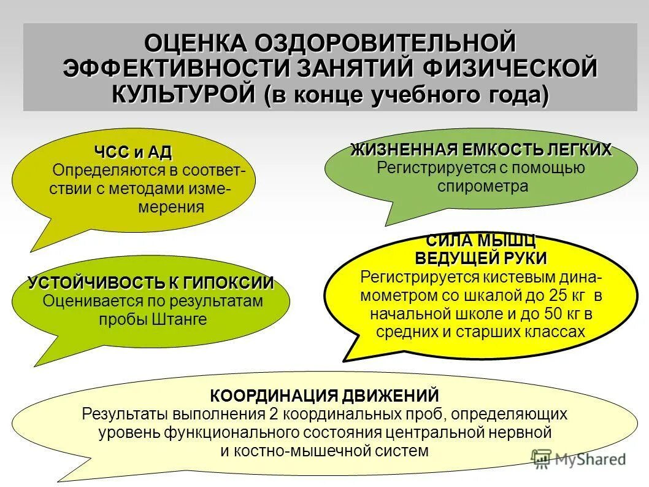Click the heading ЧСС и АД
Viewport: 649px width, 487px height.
click(x=132, y=152)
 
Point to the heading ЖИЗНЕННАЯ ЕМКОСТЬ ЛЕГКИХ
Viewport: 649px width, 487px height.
click(x=481, y=150)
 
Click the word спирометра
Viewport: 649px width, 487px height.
click(x=482, y=186)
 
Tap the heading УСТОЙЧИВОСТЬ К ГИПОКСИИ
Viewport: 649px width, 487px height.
click(x=151, y=283)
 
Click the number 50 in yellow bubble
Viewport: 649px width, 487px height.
click(x=553, y=314)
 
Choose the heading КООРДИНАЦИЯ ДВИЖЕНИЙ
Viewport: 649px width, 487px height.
click(x=324, y=395)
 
